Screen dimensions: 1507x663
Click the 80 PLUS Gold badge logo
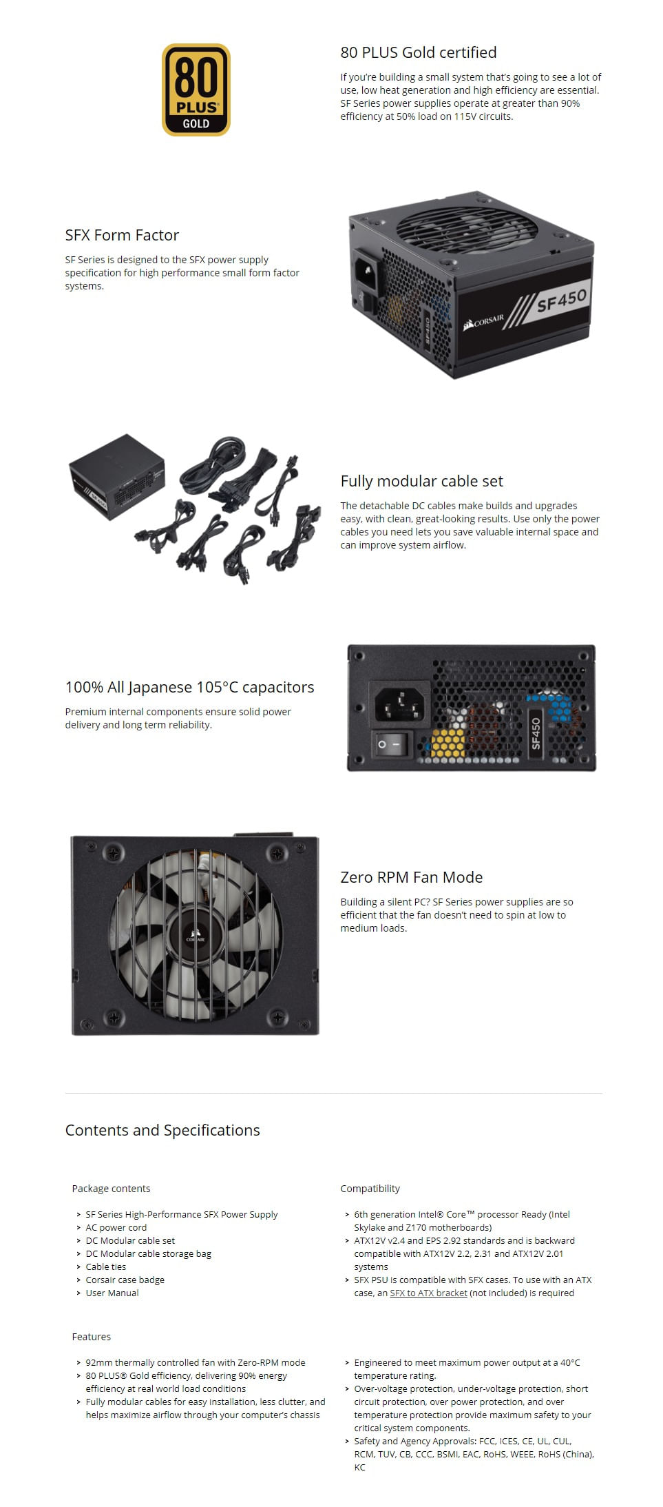(196, 90)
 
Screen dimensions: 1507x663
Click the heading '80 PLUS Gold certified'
(418, 52)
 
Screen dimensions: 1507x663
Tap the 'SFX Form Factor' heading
(122, 235)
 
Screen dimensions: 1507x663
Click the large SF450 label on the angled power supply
(561, 300)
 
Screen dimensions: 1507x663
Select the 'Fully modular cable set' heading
(421, 481)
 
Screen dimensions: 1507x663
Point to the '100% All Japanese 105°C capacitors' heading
(189, 687)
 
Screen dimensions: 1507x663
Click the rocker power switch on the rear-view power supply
(390, 744)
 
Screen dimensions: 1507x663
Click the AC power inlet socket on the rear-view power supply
(399, 702)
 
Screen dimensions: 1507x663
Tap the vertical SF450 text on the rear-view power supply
(536, 733)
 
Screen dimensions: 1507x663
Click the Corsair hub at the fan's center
(195, 938)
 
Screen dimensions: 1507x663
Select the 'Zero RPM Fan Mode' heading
(411, 877)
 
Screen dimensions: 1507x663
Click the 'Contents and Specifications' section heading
(162, 1130)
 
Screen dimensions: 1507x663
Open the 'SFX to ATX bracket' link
(428, 1293)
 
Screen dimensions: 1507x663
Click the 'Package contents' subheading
(111, 1189)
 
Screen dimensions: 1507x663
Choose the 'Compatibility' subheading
(370, 1189)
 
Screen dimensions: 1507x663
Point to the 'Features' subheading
(91, 1337)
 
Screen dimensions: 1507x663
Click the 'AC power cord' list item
(116, 1227)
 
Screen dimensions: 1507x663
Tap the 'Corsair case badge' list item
(125, 1280)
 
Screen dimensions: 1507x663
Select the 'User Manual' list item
(112, 1293)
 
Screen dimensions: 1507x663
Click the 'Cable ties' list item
(105, 1267)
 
